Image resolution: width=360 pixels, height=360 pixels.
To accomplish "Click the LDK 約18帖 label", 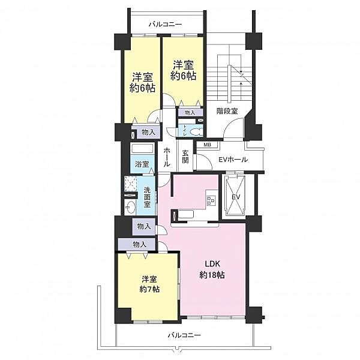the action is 212,269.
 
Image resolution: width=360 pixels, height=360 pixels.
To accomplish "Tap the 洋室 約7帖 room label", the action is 149,284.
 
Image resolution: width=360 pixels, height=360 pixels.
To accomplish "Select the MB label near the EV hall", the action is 208,145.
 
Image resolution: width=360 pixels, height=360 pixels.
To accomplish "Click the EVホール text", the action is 233,160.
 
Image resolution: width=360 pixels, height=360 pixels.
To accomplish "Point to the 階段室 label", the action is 227,111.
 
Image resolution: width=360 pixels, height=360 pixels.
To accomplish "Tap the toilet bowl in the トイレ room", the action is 196,133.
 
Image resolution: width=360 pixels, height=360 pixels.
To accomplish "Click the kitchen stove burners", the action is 211,200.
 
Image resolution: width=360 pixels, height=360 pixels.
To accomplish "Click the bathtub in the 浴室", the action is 142,149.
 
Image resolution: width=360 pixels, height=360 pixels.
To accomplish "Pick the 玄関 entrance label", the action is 185,157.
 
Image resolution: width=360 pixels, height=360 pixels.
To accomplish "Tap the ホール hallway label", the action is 167,157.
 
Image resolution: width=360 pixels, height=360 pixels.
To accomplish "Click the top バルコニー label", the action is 165,24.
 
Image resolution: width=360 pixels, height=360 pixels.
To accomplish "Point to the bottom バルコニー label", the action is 184,335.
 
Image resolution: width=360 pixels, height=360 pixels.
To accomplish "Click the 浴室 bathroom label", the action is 142,164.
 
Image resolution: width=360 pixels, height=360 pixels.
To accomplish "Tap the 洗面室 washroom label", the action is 147,197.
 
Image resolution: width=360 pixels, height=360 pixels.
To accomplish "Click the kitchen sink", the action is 186,214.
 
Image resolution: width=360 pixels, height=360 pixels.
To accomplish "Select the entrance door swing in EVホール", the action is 204,161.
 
